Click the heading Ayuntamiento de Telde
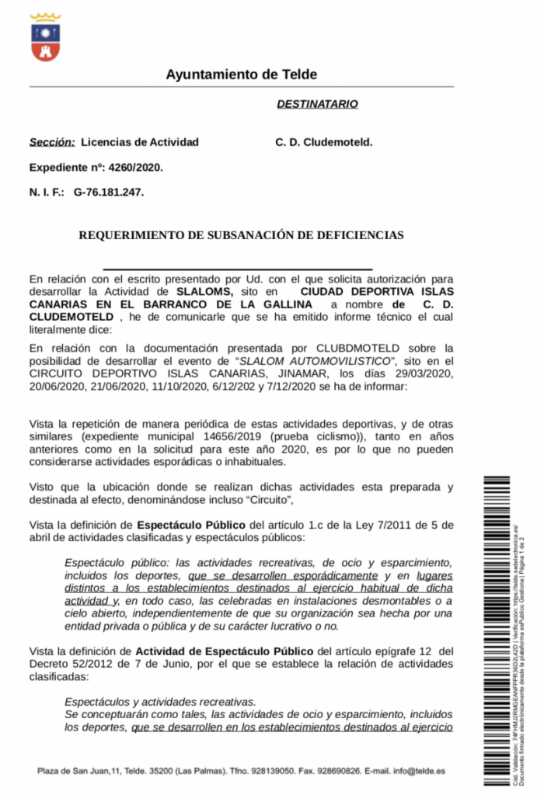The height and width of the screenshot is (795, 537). [241, 75]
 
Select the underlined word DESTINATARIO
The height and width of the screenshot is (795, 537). [317, 103]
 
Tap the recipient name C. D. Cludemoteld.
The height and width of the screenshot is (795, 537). [324, 142]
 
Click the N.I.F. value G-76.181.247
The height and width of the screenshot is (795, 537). [109, 191]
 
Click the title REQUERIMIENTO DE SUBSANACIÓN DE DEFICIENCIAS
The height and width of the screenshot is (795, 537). [241, 234]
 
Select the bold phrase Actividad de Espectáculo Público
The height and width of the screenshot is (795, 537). [225, 651]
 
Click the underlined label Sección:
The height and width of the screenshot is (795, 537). [52, 142]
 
